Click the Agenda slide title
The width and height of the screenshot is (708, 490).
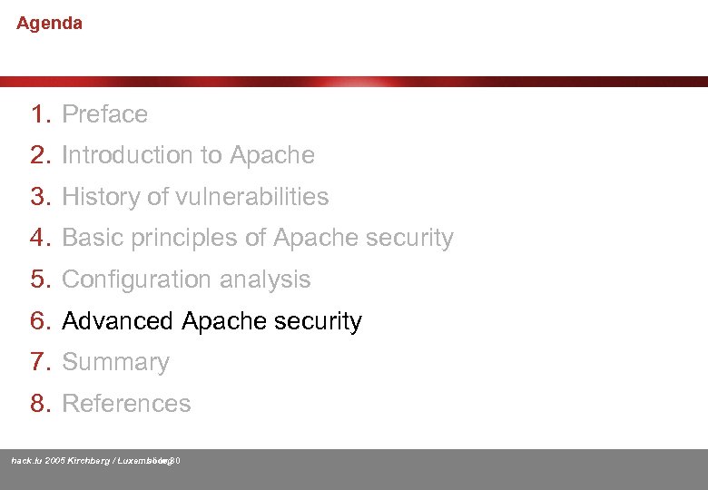coord(49,24)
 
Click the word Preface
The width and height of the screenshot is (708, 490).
coord(104,114)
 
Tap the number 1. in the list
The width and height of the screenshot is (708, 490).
coord(42,114)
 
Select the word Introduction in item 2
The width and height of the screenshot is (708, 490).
coord(120,155)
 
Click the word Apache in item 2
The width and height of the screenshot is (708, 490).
coord(272,155)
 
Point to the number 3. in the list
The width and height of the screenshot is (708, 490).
coord(42,197)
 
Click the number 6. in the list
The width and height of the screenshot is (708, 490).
coord(42,321)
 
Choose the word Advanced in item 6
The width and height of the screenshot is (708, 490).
coord(117,321)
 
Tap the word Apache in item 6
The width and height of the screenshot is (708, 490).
coord(223,321)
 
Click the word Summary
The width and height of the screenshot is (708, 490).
coord(115,362)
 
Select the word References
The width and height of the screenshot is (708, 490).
coord(126,404)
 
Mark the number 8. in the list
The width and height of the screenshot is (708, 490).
coord(42,404)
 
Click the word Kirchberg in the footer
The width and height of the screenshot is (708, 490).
coord(89,461)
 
